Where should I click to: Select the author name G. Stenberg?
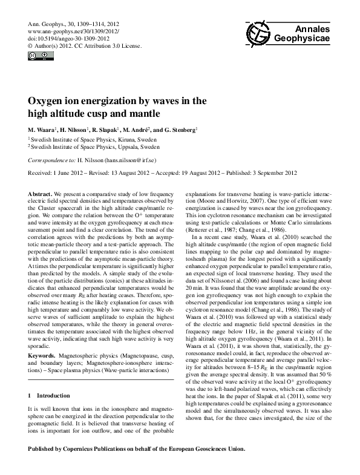(180, 130)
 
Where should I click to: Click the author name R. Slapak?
(112, 130)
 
